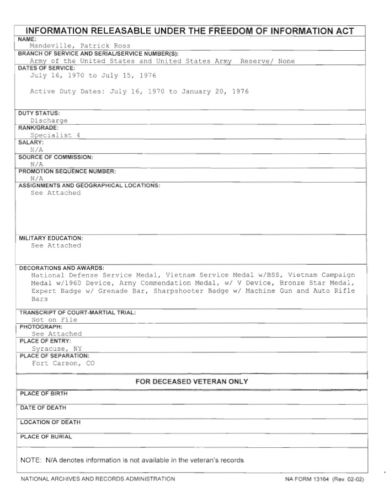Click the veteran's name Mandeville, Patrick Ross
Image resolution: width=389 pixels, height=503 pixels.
click(80, 46)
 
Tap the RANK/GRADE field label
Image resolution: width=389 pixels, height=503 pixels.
click(38, 128)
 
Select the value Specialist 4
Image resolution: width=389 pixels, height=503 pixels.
click(58, 135)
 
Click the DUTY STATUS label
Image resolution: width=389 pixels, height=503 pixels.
click(39, 113)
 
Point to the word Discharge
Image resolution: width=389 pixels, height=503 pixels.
click(49, 121)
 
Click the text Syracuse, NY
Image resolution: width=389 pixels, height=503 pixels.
click(56, 349)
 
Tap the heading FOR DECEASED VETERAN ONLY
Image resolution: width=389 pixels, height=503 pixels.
click(191, 382)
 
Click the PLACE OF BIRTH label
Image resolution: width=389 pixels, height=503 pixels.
click(44, 394)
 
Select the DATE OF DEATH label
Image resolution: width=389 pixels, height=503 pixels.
click(43, 408)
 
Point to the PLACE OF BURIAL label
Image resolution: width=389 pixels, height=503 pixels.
click(46, 437)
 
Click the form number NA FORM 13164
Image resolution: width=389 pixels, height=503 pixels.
click(307, 479)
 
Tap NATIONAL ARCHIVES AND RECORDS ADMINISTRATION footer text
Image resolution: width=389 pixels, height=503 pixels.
click(98, 479)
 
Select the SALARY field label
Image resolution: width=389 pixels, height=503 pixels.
click(31, 142)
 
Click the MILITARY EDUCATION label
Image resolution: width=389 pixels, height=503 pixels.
click(51, 238)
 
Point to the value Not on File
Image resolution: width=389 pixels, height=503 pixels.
click(54, 320)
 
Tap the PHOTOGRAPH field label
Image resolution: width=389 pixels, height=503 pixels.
click(40, 327)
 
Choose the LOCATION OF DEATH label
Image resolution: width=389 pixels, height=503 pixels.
click(50, 422)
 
